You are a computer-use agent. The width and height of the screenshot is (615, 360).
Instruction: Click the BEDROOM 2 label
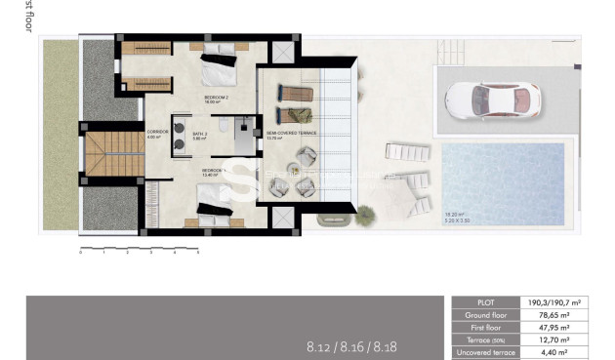click(x=216, y=99)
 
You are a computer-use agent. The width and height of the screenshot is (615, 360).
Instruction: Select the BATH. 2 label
click(x=200, y=135)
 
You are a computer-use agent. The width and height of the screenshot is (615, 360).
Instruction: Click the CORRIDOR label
click(x=157, y=132)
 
